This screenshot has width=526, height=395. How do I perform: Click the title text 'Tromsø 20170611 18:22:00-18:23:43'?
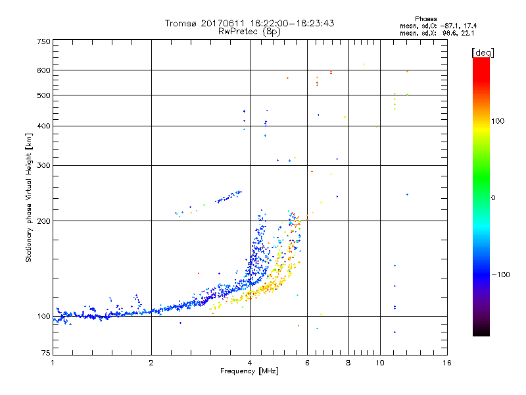pos(249,23)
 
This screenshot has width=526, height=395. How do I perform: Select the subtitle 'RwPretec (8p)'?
pos(249,31)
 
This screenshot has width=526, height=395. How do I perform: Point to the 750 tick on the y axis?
pos(43,41)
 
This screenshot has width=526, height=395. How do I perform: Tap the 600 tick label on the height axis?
pos(43,70)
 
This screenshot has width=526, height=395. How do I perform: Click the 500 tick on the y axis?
pos(43,95)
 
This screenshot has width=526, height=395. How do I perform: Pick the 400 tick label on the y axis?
pos(43,126)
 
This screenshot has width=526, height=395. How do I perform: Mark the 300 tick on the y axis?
pos(43,165)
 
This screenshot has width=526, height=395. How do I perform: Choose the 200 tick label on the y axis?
pos(43,221)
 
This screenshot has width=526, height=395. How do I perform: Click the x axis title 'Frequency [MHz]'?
pos(249,372)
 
